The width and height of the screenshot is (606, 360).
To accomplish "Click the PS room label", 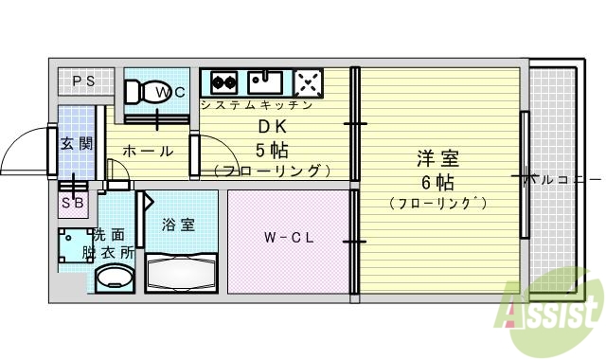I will point(83,81).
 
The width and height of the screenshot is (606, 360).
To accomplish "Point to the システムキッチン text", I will point(256,105).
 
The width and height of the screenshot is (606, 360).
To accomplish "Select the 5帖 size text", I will point(273,150).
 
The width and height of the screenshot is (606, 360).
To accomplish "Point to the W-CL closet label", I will point(288,237).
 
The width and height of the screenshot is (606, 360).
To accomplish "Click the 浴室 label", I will point(179,225).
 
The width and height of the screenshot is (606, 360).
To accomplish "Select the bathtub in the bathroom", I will point(181,274).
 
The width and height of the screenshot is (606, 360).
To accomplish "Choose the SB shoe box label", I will point(72,203).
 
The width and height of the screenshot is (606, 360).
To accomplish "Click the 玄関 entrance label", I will point(76,144).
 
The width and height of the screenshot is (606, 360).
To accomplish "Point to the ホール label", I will point(148,151).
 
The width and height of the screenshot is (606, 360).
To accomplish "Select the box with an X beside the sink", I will point(308,81).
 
